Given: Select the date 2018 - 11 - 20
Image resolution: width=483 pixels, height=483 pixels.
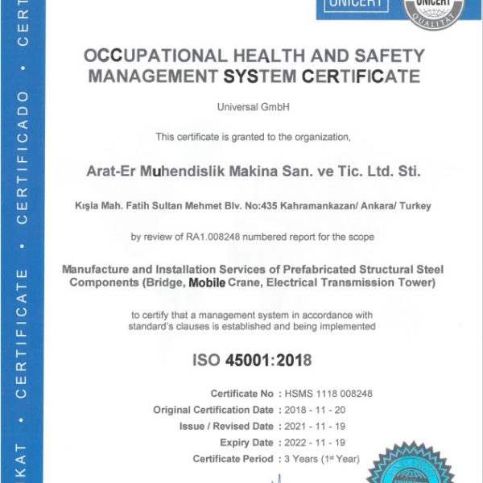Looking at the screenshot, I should point(315,410).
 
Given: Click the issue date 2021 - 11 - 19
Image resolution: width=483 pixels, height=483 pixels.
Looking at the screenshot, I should point(315,427).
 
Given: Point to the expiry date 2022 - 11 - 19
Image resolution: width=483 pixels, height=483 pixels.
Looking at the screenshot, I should point(315,443).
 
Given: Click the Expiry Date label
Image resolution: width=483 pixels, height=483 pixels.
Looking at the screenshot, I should point(245,443).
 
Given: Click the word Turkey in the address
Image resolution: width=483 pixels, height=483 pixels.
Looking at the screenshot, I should point(415,206).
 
